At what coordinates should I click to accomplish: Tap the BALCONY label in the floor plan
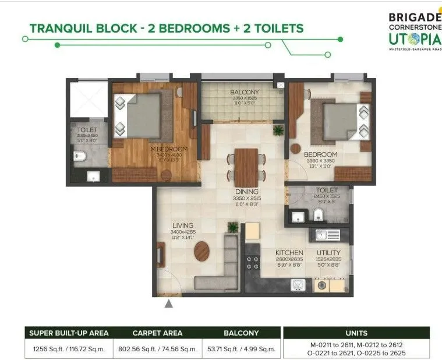coord(244,92)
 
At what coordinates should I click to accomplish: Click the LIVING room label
coord(182,225)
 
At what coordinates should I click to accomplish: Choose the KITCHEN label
coord(289,253)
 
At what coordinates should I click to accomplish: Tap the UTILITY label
coord(328,253)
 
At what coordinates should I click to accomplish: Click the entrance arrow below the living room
coord(169,303)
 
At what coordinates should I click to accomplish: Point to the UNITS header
coord(356,333)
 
